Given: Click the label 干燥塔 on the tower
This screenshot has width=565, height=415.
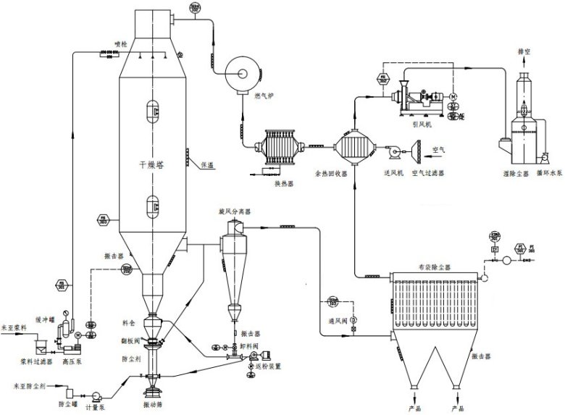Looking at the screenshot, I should (x=151, y=164).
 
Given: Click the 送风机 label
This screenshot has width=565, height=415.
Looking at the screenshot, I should (x=393, y=174).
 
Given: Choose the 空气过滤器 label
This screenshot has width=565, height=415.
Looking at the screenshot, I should (x=427, y=174).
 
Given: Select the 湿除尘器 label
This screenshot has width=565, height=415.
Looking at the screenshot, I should (x=514, y=174).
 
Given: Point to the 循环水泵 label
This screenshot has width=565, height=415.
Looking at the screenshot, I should (x=550, y=174).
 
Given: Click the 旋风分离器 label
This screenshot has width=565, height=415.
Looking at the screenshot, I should (x=234, y=212).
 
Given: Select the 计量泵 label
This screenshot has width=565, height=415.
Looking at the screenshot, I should (x=97, y=408).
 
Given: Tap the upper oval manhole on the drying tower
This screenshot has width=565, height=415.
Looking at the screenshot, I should (x=152, y=109).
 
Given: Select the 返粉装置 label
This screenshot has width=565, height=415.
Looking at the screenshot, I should (x=269, y=366).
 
